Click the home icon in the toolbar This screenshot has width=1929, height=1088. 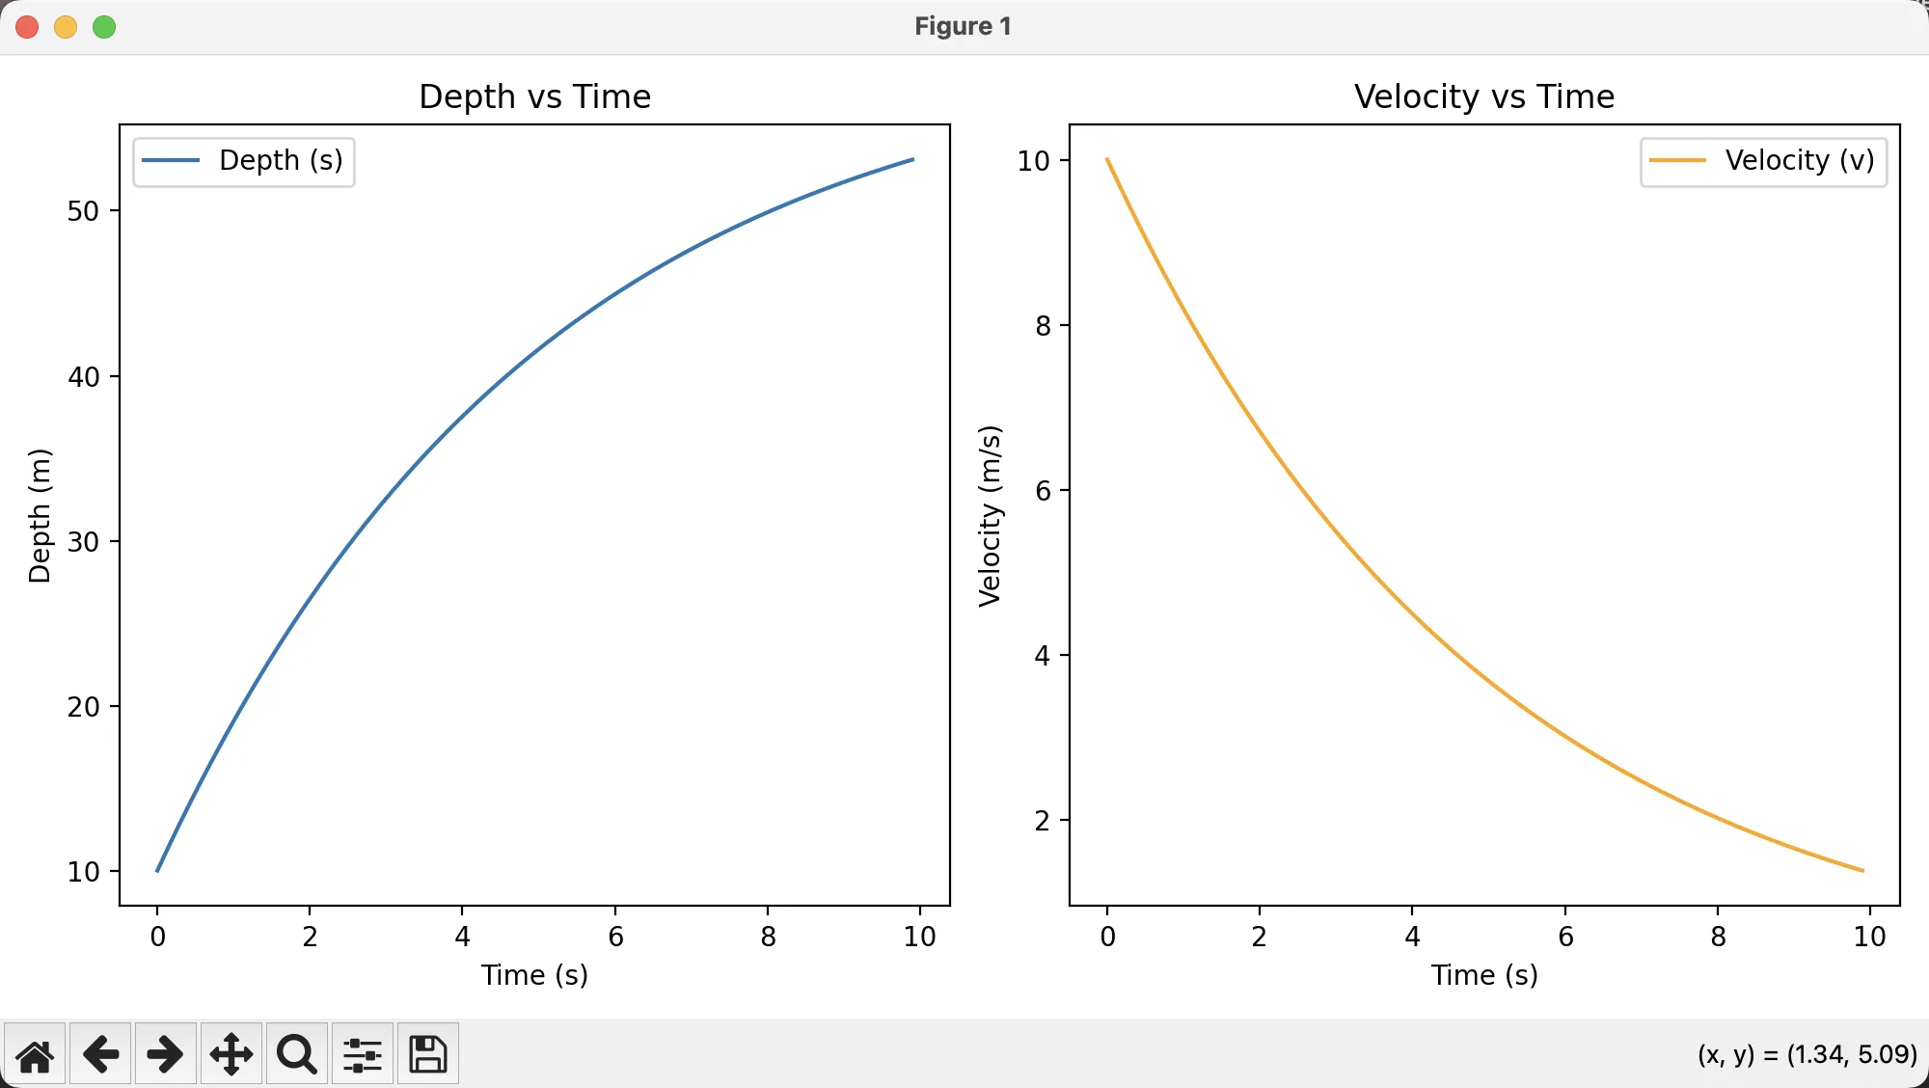click(x=35, y=1054)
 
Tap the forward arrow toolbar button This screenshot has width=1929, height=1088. click(x=165, y=1054)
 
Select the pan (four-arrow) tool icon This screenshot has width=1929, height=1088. click(x=231, y=1054)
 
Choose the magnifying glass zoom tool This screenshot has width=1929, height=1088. click(x=297, y=1054)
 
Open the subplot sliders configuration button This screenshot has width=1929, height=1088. click(x=363, y=1054)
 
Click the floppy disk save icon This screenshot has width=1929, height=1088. click(x=427, y=1054)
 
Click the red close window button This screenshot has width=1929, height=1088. click(x=27, y=27)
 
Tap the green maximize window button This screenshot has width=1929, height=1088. click(x=104, y=27)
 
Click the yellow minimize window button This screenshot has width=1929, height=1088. click(x=66, y=27)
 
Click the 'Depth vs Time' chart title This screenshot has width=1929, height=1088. click(x=535, y=96)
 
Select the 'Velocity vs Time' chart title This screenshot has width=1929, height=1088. click(x=1484, y=96)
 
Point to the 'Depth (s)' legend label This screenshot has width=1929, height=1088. click(x=281, y=160)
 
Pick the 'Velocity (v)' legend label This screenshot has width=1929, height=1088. click(x=1800, y=160)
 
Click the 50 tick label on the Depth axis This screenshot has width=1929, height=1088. click(x=84, y=211)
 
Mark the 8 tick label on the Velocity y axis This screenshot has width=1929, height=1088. click(x=1043, y=326)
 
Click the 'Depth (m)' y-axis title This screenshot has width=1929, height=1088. click(x=40, y=516)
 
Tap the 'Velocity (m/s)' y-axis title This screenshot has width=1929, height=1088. click(x=990, y=516)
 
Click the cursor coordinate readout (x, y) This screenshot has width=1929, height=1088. click(x=1807, y=1054)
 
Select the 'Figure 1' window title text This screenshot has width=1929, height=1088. click(x=964, y=26)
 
